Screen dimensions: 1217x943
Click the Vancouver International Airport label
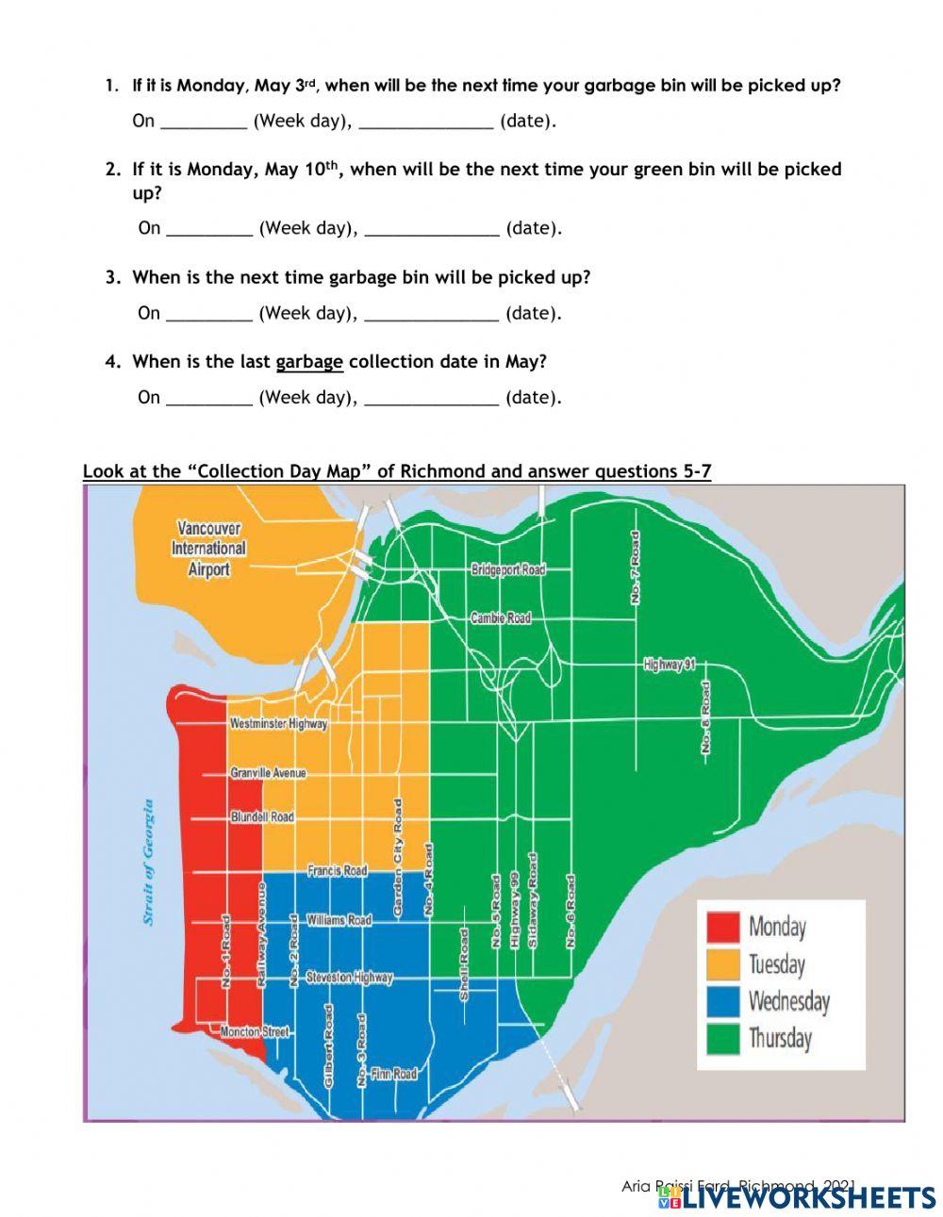[x=208, y=549]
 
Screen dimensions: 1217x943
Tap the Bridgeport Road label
[x=508, y=570]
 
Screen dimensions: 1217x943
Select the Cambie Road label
[x=501, y=618]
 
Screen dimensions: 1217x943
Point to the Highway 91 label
[x=670, y=665]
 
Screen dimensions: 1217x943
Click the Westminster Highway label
[x=279, y=724]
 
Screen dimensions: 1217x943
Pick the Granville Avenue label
[x=269, y=773]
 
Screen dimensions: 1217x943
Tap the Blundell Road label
[x=262, y=817]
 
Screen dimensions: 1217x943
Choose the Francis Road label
[x=337, y=871]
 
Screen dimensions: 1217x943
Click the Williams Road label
[x=339, y=919]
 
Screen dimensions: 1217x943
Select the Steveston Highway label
[x=348, y=978]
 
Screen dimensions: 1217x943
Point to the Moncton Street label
[x=254, y=1032]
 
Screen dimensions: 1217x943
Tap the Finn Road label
[x=393, y=1074]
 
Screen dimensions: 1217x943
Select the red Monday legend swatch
[x=723, y=927]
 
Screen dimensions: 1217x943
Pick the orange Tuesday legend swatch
[x=723, y=963]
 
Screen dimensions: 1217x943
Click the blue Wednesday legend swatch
[x=723, y=1001]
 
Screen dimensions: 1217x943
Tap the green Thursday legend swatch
[x=723, y=1038]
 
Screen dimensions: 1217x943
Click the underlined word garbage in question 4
[x=309, y=362]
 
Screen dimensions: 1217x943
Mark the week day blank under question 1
[x=203, y=122]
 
